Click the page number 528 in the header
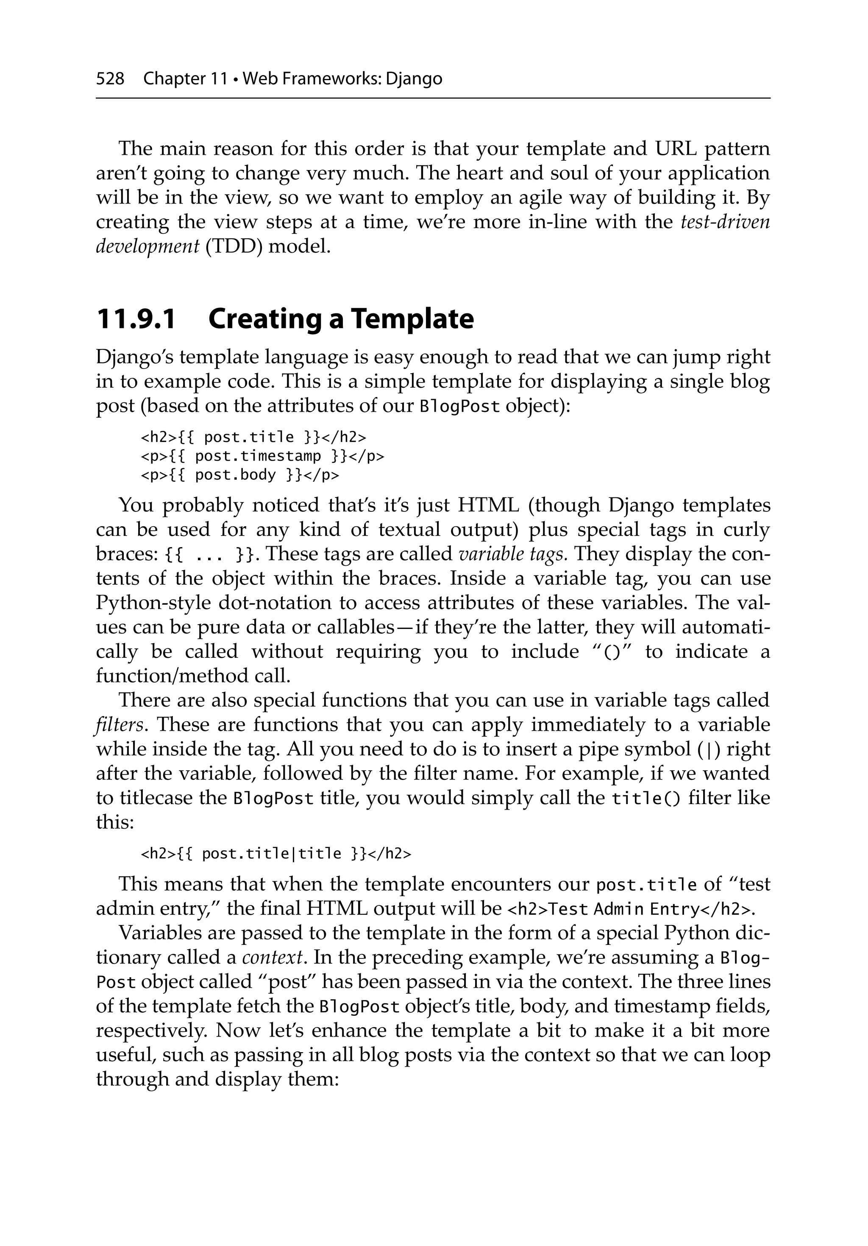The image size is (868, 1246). click(110, 79)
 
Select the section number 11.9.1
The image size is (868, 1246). click(136, 319)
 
